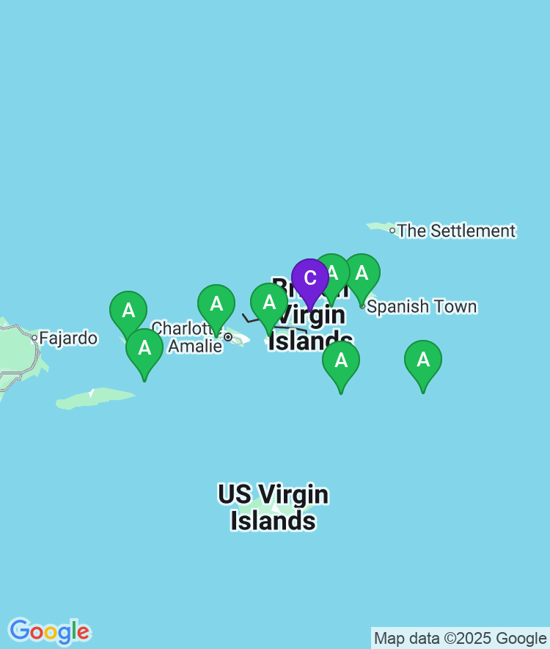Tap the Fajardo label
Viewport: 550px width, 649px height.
point(68,338)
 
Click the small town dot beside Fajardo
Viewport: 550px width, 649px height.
point(34,338)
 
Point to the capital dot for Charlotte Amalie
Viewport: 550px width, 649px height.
point(228,337)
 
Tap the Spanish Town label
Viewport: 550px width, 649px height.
point(422,307)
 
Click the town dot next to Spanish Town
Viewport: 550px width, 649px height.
point(362,305)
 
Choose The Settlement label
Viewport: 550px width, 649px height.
point(456,231)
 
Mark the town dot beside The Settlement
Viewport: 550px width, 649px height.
point(392,231)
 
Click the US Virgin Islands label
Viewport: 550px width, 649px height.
point(273,507)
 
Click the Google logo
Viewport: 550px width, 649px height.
point(49,631)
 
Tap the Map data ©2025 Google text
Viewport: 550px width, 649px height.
point(460,638)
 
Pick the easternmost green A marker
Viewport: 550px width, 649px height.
point(423,360)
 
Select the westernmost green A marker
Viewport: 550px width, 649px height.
point(128,311)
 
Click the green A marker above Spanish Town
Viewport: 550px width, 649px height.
point(362,274)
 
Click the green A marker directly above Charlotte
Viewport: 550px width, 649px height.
point(216,304)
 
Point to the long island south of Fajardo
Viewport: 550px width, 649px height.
point(95,399)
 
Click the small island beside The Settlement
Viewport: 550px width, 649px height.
point(380,226)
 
